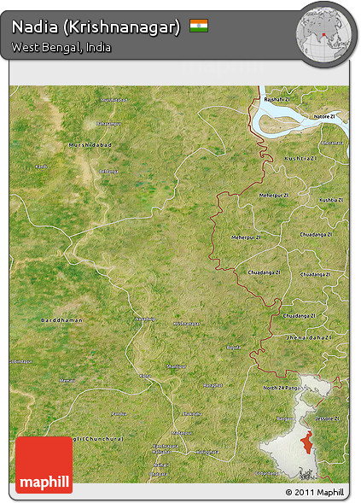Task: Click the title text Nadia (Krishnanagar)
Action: (x=96, y=27)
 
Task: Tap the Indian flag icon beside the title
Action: (x=199, y=26)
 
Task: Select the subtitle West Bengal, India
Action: (x=61, y=47)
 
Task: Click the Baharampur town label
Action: (x=109, y=172)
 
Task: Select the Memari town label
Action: (x=67, y=379)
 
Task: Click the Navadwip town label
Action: (x=145, y=319)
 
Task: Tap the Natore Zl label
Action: (x=324, y=115)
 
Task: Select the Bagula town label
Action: (x=234, y=348)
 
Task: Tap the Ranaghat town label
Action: (x=213, y=386)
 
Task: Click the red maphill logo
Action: (x=44, y=465)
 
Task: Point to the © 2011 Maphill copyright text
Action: (x=316, y=493)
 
